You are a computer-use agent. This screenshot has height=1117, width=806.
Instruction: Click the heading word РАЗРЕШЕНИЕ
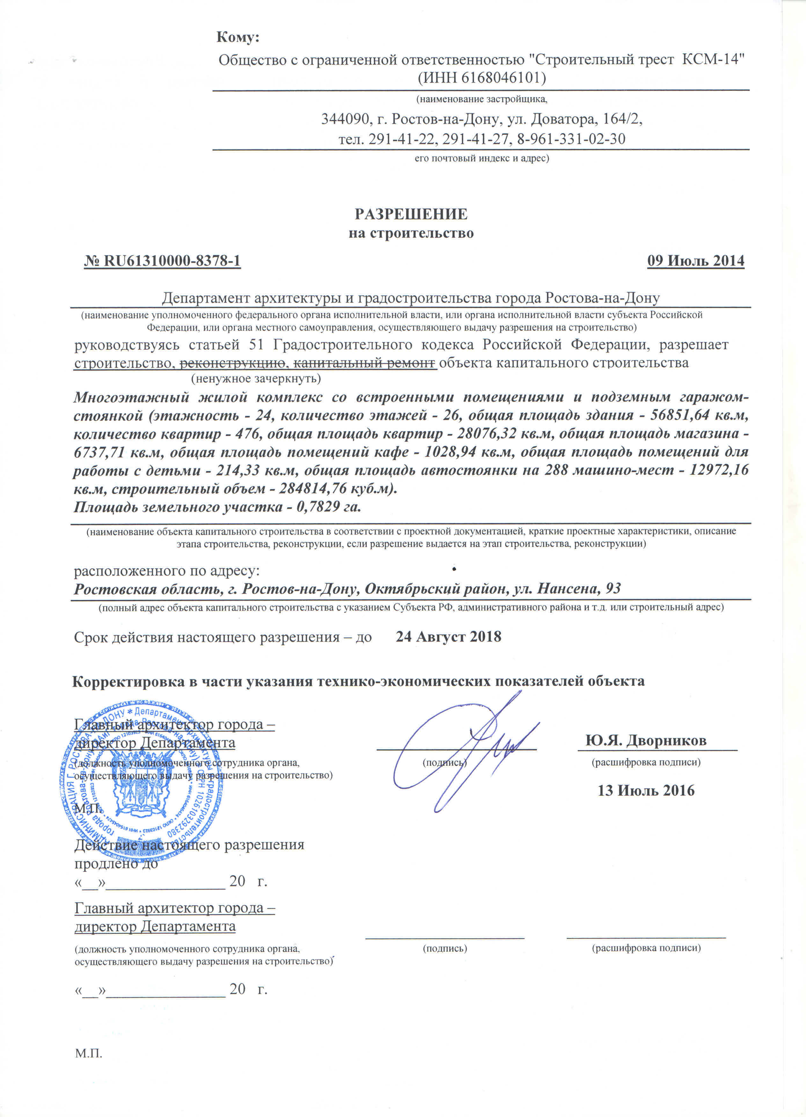coord(411,214)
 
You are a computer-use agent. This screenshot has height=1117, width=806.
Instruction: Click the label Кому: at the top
coord(238,37)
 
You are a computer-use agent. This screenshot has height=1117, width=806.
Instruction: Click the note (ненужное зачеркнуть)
coord(256,379)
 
